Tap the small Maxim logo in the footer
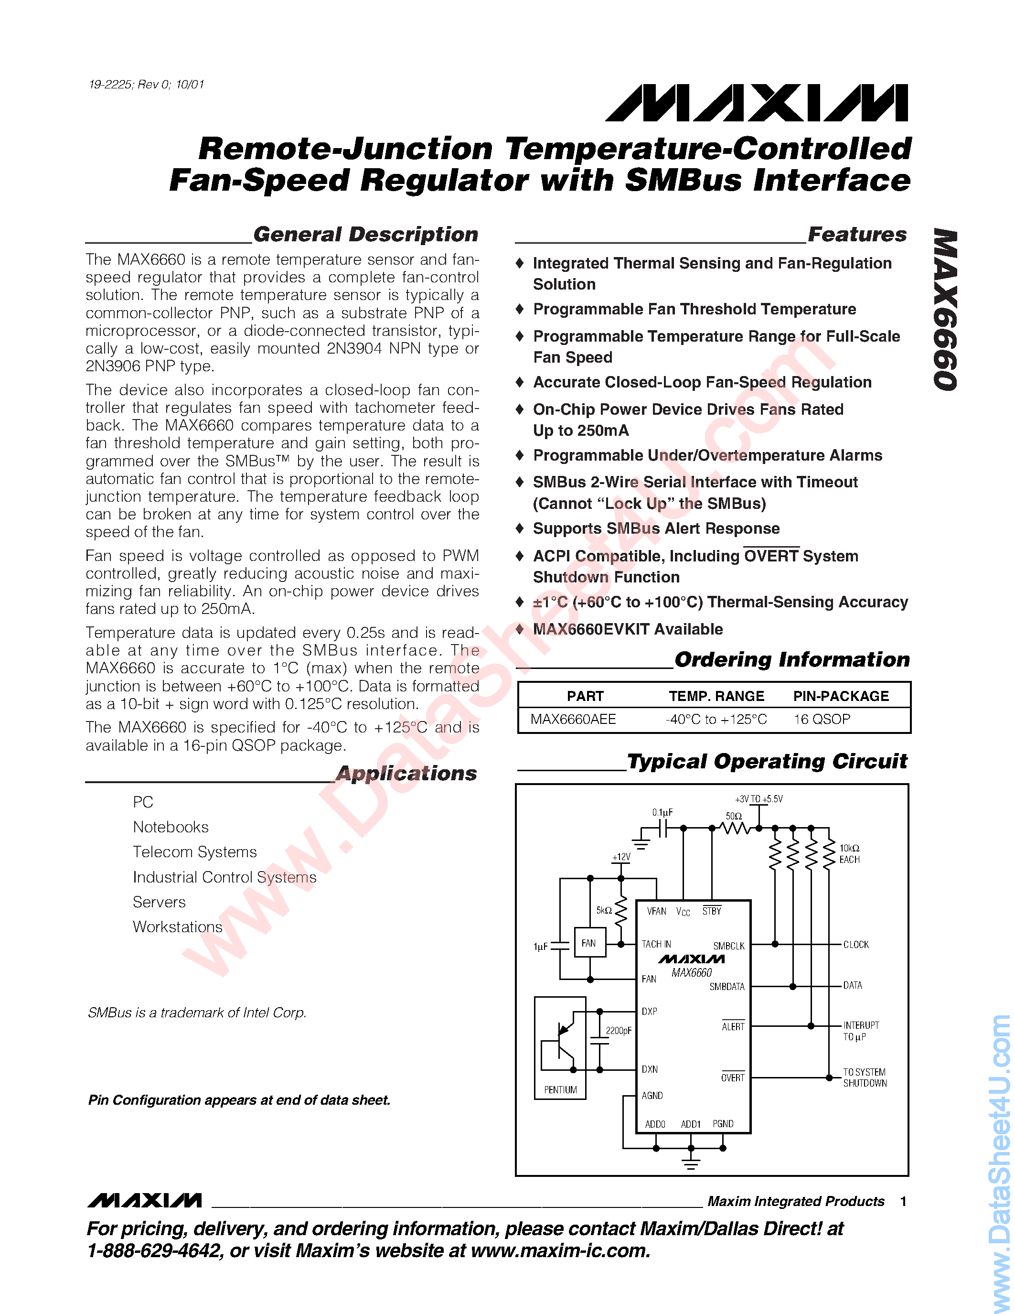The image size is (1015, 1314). [x=144, y=1200]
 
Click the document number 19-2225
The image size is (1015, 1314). [x=111, y=85]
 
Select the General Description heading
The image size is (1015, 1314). [x=365, y=234]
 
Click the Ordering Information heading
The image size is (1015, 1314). [x=791, y=659]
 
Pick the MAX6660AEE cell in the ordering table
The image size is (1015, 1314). [x=573, y=719]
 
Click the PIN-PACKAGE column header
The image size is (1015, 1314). [x=841, y=696]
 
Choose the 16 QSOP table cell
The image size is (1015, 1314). [x=822, y=719]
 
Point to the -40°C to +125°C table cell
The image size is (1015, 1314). [x=716, y=719]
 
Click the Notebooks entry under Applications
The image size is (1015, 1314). [x=171, y=827]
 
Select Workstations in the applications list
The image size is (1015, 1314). [x=177, y=926]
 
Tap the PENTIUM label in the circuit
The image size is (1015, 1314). [x=560, y=1089]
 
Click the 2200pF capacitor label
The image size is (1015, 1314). [x=618, y=1031]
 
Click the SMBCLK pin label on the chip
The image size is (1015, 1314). [x=729, y=946]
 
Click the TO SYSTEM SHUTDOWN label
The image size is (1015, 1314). [x=865, y=1077]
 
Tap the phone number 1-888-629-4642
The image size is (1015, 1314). [x=153, y=1251]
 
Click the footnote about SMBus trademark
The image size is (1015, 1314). [x=197, y=1012]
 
